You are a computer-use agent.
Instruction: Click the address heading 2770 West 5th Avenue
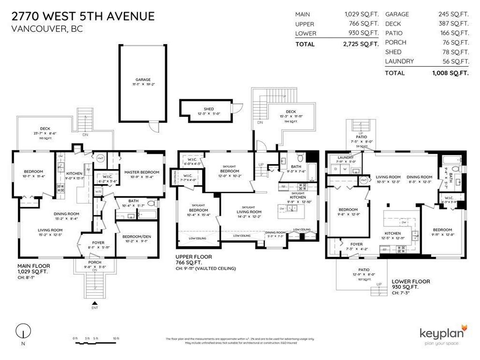click(82, 16)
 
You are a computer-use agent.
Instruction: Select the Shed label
click(209, 109)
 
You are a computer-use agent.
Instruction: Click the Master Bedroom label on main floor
click(142, 172)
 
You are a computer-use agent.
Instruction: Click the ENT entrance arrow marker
click(95, 305)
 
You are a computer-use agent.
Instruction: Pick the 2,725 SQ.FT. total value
click(360, 44)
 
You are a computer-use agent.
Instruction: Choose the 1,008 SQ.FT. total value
click(450, 73)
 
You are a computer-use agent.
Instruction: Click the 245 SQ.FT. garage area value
click(453, 15)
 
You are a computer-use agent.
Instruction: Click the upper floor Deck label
click(291, 112)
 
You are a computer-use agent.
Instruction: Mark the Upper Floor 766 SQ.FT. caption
click(193, 260)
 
